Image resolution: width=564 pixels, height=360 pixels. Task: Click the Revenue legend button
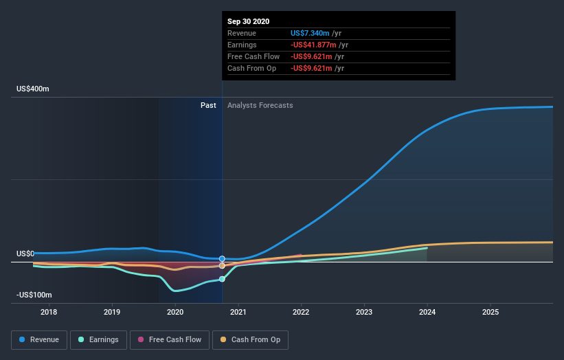click(x=38, y=339)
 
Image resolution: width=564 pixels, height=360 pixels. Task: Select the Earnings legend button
click(x=98, y=339)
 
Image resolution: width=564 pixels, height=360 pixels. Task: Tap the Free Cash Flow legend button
click(x=169, y=339)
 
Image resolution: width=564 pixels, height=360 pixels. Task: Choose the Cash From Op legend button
click(x=249, y=339)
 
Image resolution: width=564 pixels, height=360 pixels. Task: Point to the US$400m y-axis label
click(x=33, y=89)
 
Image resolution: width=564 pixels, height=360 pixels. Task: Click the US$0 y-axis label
click(x=25, y=254)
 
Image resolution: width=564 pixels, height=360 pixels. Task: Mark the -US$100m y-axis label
click(x=34, y=295)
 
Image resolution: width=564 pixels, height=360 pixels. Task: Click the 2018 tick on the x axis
click(x=49, y=313)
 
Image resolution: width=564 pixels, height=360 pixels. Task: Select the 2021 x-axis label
click(x=238, y=313)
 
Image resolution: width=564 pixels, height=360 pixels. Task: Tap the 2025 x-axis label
click(x=490, y=313)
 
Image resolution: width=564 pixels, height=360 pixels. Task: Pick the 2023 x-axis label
click(x=364, y=313)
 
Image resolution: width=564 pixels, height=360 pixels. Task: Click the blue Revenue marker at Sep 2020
click(x=222, y=259)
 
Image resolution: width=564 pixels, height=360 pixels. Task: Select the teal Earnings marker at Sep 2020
click(x=222, y=279)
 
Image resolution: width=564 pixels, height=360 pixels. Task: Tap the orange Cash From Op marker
click(x=222, y=265)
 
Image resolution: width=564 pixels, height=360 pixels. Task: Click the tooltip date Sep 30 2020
click(x=249, y=21)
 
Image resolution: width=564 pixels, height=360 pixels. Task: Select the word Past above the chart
click(x=208, y=105)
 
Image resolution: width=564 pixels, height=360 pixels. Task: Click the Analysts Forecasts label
click(x=260, y=105)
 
